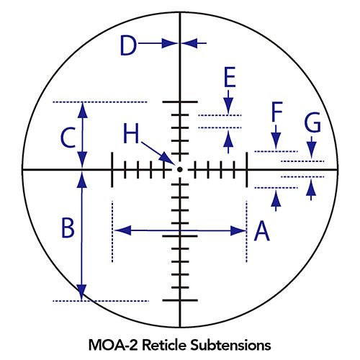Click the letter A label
262,231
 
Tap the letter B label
68,228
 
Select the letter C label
68,138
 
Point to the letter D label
128,45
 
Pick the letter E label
230,77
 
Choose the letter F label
276,112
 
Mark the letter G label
312,122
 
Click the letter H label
131,133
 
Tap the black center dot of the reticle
179,170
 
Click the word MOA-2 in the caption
114,345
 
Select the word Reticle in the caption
164,345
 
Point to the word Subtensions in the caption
230,345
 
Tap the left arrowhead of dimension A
122,230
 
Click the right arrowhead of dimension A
238,231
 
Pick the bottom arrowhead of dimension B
81,292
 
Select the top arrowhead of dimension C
83,110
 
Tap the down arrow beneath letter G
311,147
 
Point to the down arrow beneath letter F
276,137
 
